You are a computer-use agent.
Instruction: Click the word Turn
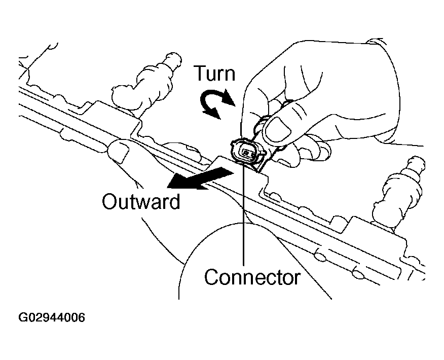pos(214,74)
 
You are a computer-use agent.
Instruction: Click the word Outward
pos(141,202)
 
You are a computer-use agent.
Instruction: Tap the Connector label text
pos(252,277)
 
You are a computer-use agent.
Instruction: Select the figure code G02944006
pos(52,317)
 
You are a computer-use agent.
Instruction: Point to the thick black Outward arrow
pos(201,178)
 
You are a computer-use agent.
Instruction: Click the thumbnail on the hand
pos(276,129)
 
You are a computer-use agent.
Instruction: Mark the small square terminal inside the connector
pos(246,153)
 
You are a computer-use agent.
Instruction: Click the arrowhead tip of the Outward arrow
pos(167,188)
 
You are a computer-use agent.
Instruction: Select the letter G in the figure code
pos(23,317)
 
